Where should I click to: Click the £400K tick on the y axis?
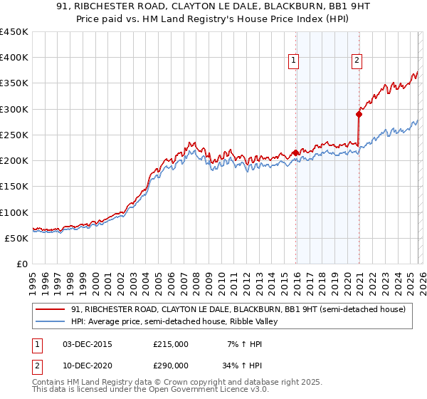14,58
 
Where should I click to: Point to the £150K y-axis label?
14,186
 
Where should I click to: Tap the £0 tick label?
21,264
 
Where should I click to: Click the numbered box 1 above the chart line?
293,61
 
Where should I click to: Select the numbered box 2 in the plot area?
356,61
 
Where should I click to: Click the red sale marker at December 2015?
295,152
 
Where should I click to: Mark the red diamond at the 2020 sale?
359,114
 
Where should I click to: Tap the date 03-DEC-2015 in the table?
88,344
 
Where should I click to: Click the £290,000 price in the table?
170,364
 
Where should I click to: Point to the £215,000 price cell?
170,344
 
